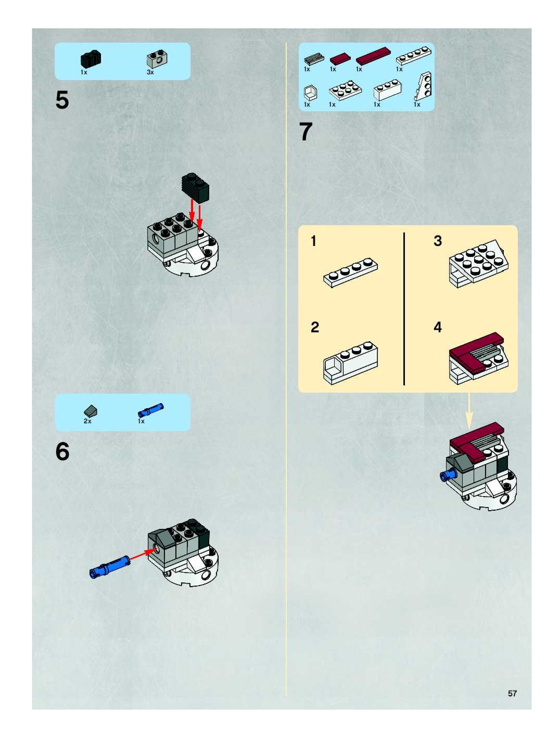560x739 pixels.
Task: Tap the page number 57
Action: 512,693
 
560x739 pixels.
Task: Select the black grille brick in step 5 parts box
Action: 91,59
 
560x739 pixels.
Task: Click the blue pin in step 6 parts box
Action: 151,410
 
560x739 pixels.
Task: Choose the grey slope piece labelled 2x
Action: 91,411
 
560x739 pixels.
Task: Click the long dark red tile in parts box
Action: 373,56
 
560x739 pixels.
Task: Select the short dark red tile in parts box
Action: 340,59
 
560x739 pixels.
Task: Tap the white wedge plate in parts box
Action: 423,86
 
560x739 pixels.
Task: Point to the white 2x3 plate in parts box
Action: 345,90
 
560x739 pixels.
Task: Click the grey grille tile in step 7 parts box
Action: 314,59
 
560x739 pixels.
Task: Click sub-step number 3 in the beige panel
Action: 438,241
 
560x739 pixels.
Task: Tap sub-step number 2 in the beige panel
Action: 315,327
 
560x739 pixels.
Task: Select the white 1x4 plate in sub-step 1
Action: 350,273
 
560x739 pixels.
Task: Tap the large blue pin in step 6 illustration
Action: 110,566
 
